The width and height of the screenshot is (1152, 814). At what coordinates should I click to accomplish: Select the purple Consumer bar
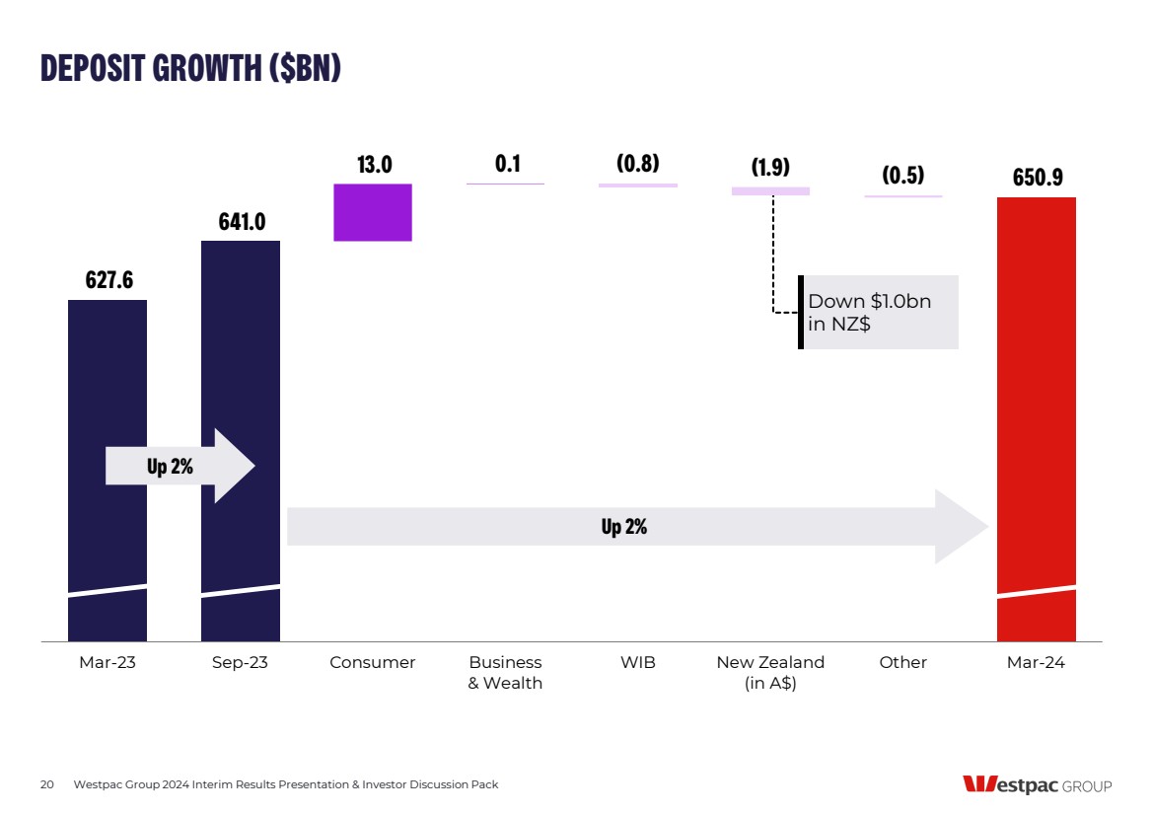point(372,212)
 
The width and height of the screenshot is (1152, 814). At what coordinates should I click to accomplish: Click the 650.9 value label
point(1037,179)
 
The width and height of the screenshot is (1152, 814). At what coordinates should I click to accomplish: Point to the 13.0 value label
point(374,165)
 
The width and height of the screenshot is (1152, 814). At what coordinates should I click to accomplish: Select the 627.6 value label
point(108,280)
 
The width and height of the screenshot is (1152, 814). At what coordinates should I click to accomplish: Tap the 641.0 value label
point(242,222)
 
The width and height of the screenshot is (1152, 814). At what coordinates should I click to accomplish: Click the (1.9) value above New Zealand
point(770,167)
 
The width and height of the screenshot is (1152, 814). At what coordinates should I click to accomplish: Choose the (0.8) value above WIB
point(638,164)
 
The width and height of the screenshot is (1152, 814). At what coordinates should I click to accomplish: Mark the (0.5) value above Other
point(902,176)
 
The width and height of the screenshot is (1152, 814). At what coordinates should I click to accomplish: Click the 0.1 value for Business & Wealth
point(507,164)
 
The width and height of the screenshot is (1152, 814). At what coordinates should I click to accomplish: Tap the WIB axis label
point(638,663)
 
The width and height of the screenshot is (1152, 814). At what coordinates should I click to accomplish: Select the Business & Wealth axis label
point(505,673)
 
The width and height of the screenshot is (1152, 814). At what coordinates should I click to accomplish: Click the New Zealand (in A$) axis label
point(770,673)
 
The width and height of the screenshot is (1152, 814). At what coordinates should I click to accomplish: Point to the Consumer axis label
point(373,663)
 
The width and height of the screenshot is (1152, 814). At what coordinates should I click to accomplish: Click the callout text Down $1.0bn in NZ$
point(868,312)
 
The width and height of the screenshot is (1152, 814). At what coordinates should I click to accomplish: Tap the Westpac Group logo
point(1037,785)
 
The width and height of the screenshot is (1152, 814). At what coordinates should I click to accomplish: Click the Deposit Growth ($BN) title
point(190,68)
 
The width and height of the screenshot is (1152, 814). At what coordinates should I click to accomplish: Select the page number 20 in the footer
point(46,785)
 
